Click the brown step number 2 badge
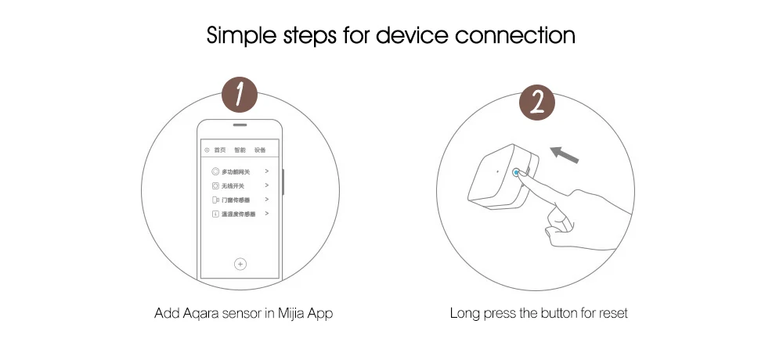click(x=538, y=104)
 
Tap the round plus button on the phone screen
click(x=240, y=264)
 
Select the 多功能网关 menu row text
click(x=236, y=171)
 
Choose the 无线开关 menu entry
click(x=233, y=185)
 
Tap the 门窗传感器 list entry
click(x=236, y=200)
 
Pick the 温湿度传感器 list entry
click(x=238, y=214)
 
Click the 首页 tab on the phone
click(x=220, y=149)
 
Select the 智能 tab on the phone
click(x=240, y=149)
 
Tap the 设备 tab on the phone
click(x=260, y=149)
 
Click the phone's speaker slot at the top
click(x=240, y=126)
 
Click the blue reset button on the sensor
click(x=517, y=173)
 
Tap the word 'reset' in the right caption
click(x=613, y=314)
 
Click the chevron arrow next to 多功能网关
click(x=267, y=171)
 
